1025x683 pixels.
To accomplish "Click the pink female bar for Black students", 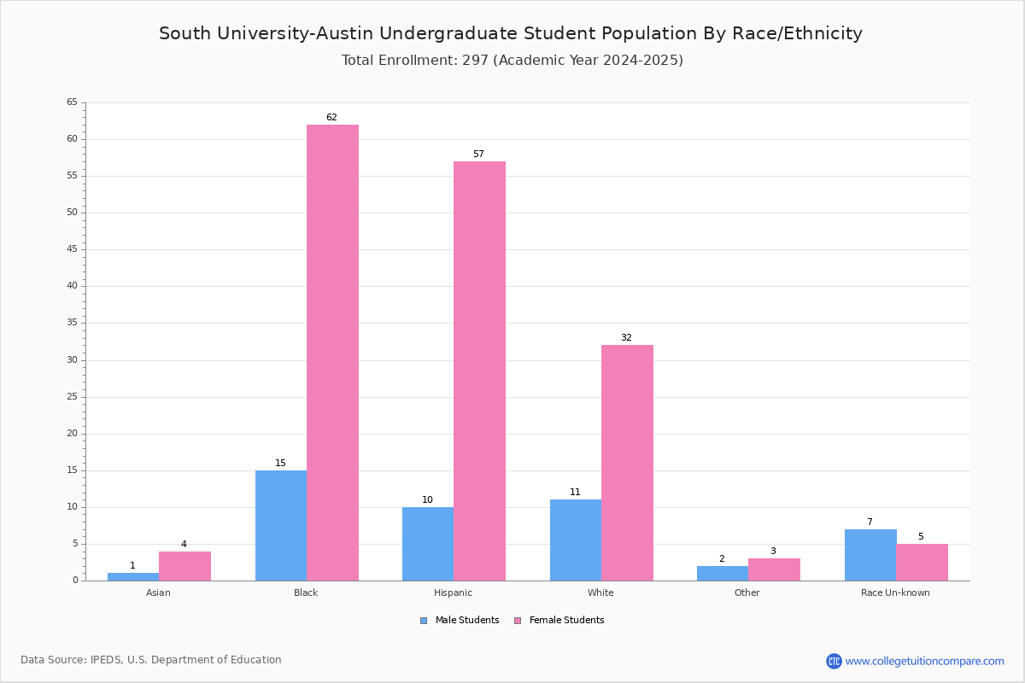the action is [332, 353].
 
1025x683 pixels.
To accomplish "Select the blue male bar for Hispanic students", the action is [428, 544].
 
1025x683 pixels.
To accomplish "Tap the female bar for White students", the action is [627, 463].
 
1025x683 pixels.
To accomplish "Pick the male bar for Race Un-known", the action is [870, 555].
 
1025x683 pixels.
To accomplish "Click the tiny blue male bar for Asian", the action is [133, 577].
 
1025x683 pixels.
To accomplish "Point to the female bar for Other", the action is [774, 569].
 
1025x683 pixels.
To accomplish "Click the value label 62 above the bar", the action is [331, 117].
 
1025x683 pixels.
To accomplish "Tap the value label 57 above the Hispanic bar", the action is [478, 154].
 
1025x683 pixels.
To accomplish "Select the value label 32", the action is [626, 337].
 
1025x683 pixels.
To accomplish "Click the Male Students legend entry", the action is [460, 620].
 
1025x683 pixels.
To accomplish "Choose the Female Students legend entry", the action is [559, 620].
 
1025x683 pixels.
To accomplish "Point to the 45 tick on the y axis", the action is [73, 248].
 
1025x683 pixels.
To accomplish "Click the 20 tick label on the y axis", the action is [73, 433].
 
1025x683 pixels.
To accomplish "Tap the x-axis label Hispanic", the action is [453, 593].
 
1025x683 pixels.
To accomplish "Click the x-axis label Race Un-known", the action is [895, 593].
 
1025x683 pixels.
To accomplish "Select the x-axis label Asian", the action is [158, 593].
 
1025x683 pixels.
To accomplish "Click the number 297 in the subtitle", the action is [475, 60].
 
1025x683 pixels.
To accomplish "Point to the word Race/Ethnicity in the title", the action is [797, 33].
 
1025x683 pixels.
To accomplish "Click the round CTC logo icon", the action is [834, 661].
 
